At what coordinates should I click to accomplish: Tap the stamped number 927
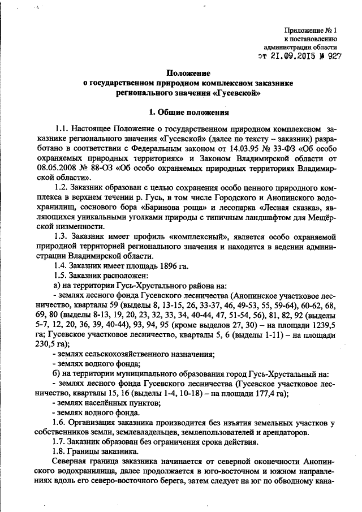pyautogui.click(x=334, y=57)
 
